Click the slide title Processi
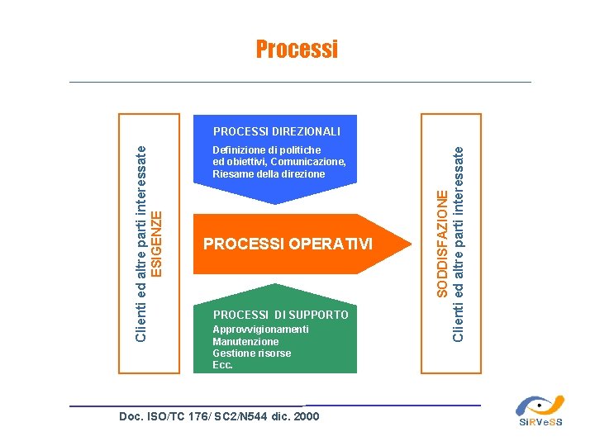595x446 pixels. [297, 50]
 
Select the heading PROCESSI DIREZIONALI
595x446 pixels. [277, 131]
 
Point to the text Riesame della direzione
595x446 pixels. [269, 174]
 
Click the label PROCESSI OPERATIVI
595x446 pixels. [288, 244]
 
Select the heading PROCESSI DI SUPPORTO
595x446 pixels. [281, 316]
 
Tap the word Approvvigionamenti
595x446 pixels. [260, 330]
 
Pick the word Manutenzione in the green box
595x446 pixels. [245, 342]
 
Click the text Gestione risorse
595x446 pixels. [251, 353]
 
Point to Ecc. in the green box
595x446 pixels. [222, 365]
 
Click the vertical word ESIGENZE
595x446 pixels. [162, 243]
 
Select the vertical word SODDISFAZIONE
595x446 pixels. [442, 243]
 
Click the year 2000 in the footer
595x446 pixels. [306, 417]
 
